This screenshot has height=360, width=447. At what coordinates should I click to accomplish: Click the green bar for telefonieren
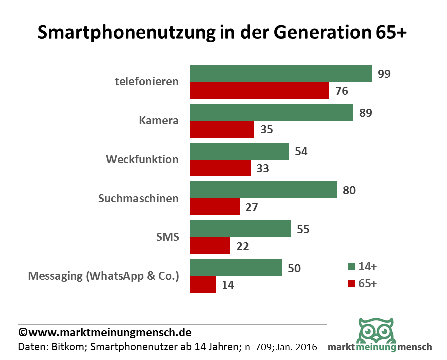(x=280, y=73)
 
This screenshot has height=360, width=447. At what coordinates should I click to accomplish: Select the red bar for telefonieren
(x=259, y=91)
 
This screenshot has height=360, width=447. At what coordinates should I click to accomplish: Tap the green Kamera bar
(x=271, y=112)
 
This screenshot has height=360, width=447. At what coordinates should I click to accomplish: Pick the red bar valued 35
(x=222, y=130)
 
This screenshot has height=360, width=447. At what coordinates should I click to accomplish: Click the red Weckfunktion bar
(x=221, y=168)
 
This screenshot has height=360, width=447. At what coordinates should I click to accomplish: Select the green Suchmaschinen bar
(x=263, y=190)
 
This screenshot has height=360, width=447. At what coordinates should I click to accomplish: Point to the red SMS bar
(x=210, y=246)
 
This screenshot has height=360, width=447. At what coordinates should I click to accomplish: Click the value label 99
(x=384, y=74)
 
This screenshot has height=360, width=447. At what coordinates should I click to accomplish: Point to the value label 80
(x=349, y=190)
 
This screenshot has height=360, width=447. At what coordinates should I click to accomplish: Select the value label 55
(x=303, y=229)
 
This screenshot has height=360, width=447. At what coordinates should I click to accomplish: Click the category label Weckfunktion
(x=142, y=160)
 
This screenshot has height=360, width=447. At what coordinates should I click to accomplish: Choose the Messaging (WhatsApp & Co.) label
(x=103, y=276)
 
